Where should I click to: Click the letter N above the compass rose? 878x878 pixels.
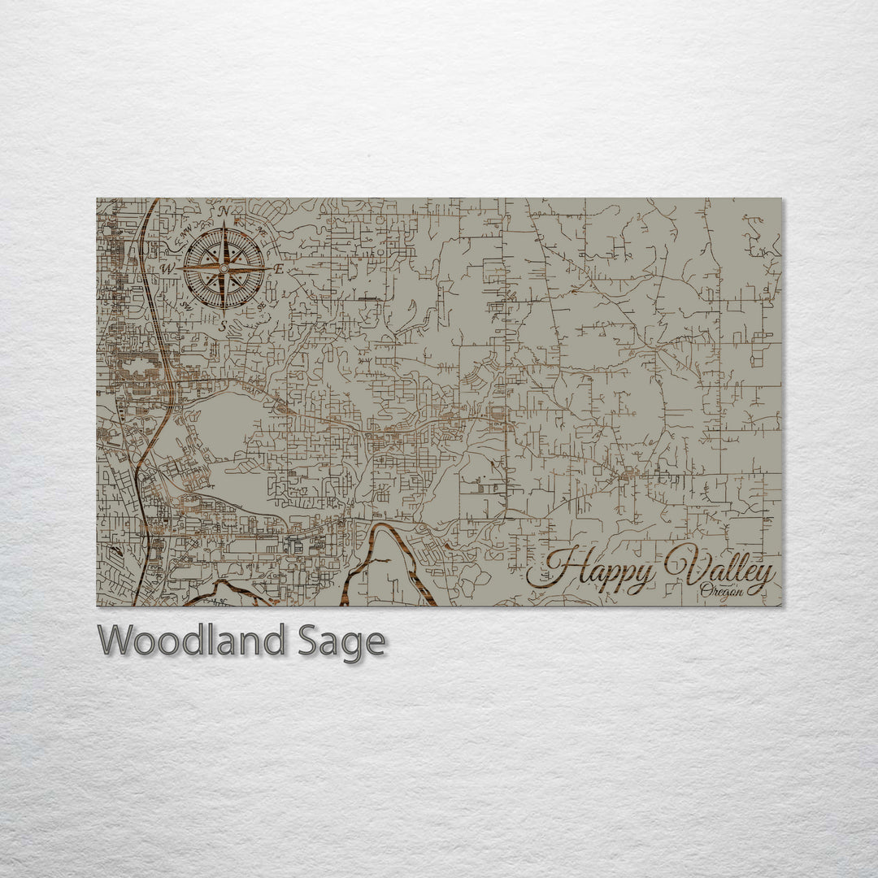point(224,212)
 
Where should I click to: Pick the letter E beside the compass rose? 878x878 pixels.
point(278,268)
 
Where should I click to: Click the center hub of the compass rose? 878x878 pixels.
point(224,268)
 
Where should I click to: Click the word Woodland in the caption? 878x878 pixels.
point(191,641)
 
